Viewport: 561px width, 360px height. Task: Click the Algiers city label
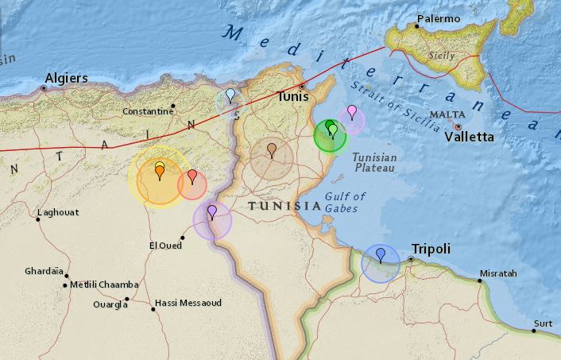click(66, 78)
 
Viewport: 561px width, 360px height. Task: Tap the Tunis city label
click(292, 96)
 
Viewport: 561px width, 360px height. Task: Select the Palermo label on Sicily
click(439, 18)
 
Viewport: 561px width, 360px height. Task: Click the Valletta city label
click(469, 137)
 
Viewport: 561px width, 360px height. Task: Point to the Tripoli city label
click(431, 249)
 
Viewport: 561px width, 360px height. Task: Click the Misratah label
click(497, 273)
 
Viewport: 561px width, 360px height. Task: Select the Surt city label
click(544, 323)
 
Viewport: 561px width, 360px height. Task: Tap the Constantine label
click(147, 111)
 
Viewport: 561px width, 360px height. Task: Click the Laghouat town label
click(60, 212)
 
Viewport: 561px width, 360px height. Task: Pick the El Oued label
click(165, 246)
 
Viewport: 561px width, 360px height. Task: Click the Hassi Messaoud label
click(188, 303)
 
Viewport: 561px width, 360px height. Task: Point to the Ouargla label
click(110, 304)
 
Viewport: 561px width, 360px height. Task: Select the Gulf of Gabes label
click(345, 202)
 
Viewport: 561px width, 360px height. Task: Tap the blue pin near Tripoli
click(381, 254)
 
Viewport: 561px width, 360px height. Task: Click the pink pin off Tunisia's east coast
click(351, 111)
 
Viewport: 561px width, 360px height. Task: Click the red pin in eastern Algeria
click(192, 176)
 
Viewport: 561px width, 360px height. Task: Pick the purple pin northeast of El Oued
click(212, 211)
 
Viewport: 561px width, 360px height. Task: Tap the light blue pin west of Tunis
click(230, 95)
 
